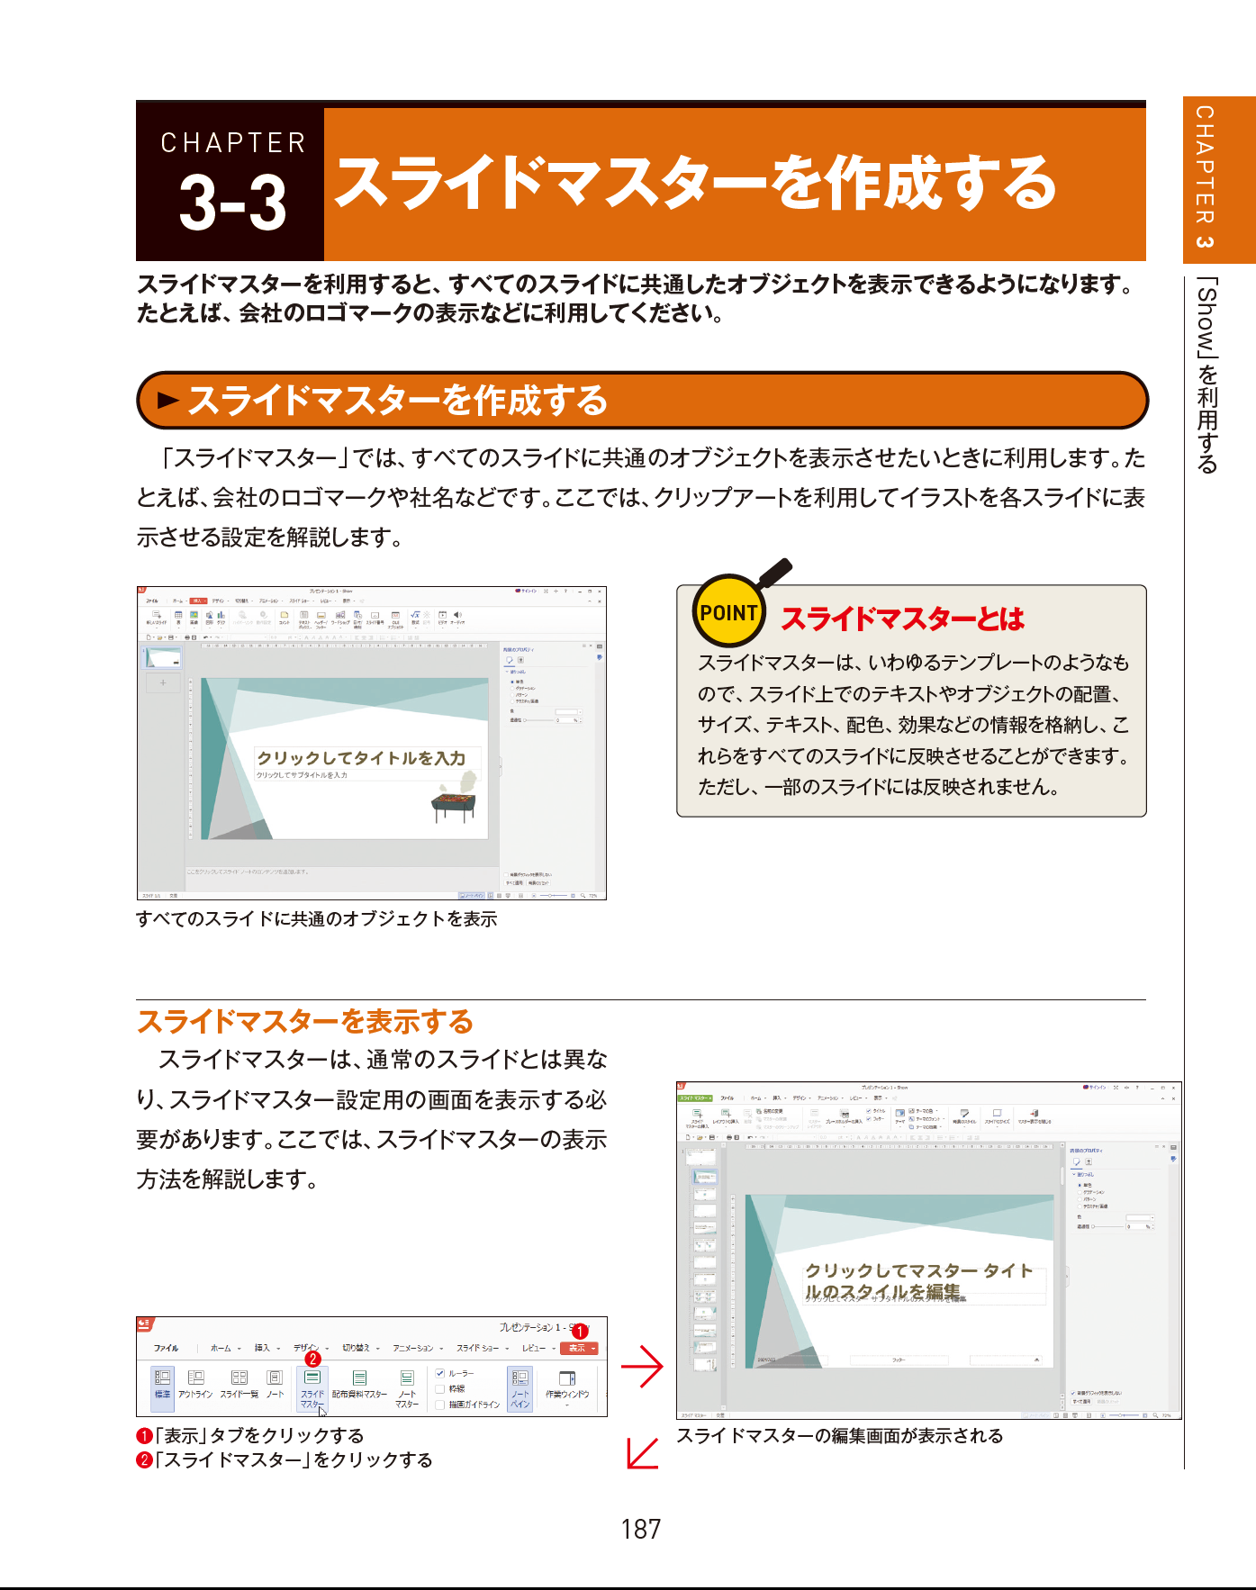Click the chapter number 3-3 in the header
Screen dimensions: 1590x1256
232,203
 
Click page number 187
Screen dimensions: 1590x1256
640,1529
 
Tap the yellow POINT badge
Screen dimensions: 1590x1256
728,613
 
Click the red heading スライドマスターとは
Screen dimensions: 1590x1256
902,619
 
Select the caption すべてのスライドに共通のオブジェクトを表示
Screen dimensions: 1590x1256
316,919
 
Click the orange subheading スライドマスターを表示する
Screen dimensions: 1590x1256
305,1022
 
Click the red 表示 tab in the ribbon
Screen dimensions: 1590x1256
578,1348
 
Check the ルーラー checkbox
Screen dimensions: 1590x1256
440,1373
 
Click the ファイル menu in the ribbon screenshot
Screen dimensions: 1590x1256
166,1348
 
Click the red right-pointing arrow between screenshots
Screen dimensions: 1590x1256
642,1366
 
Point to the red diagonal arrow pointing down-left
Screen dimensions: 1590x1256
642,1452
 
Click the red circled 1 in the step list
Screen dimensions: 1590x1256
144,1436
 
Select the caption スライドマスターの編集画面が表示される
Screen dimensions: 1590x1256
839,1436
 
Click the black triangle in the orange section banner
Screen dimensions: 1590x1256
168,401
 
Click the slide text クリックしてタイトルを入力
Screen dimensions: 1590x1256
361,758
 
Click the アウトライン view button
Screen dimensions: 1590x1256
195,1384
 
